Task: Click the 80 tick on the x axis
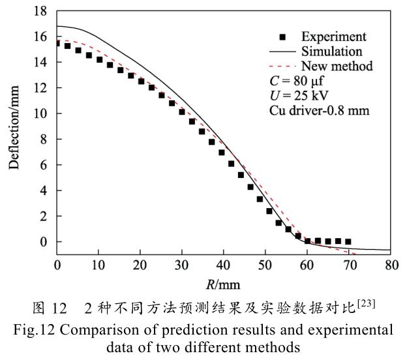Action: (391, 265)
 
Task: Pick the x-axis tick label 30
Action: (182, 265)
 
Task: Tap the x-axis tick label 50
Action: (265, 265)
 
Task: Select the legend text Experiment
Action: (333, 37)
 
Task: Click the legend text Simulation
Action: (332, 52)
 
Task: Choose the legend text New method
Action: (337, 66)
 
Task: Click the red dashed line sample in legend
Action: (282, 66)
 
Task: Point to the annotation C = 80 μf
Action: (301, 81)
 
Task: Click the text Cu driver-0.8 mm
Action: (320, 110)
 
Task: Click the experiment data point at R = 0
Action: (57, 44)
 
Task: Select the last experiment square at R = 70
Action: (348, 241)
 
